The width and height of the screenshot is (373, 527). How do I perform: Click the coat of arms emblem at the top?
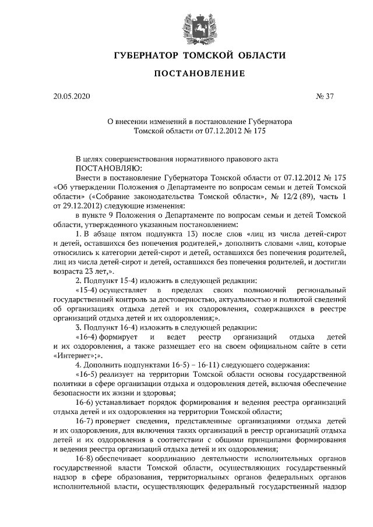186,24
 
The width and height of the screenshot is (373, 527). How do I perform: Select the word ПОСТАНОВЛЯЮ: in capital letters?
105,167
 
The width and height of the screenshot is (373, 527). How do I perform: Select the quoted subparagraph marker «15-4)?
87,289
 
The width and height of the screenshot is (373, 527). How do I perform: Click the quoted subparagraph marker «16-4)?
87,337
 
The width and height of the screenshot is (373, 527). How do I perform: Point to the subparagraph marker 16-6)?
86,402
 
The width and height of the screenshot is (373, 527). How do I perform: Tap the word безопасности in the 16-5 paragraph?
78,392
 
